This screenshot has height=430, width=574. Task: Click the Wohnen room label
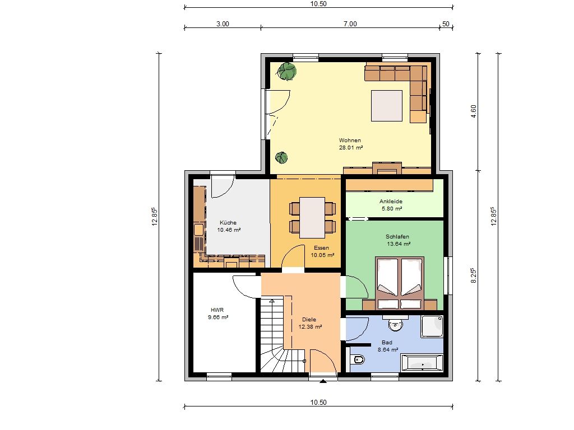pyautogui.click(x=350, y=141)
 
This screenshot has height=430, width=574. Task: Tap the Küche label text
pyautogui.click(x=228, y=223)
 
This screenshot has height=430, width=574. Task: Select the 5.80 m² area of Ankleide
pyautogui.click(x=392, y=209)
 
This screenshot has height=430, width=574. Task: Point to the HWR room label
pyautogui.click(x=217, y=310)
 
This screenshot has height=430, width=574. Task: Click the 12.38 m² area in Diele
pyautogui.click(x=310, y=327)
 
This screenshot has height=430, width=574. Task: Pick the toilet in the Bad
pyautogui.click(x=357, y=360)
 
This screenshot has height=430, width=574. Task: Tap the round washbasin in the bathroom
pyautogui.click(x=395, y=324)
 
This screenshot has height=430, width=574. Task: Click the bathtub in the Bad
pyautogui.click(x=422, y=363)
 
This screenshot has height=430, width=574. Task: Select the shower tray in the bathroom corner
pyautogui.click(x=432, y=326)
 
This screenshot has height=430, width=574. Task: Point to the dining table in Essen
pyautogui.click(x=312, y=218)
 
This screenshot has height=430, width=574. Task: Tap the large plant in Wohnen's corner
pyautogui.click(x=286, y=71)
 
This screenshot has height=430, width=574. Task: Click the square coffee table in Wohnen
pyautogui.click(x=387, y=106)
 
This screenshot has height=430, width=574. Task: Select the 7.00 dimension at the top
pyautogui.click(x=350, y=24)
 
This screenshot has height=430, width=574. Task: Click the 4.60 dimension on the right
pyautogui.click(x=474, y=111)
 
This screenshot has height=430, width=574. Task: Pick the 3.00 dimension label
pyautogui.click(x=223, y=24)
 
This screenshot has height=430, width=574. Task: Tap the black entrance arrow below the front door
pyautogui.click(x=323, y=381)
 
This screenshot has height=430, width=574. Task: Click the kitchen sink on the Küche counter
pyautogui.click(x=198, y=230)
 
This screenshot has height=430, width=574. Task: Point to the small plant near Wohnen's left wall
pyautogui.click(x=281, y=158)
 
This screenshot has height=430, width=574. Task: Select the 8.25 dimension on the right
pyautogui.click(x=474, y=275)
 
